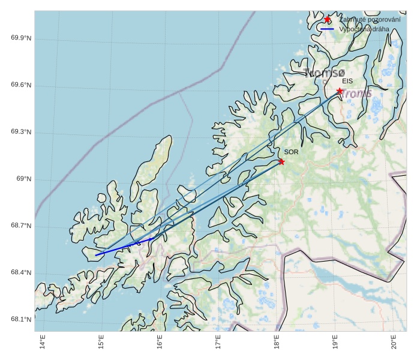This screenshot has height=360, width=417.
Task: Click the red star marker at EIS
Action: [340, 91]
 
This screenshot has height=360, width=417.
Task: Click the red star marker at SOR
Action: [281, 161]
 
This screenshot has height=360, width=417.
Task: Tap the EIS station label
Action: [347, 81]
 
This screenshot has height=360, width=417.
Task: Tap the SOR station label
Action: [291, 152]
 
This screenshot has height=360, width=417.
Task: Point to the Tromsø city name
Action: [324, 74]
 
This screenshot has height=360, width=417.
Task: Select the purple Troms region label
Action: [357, 94]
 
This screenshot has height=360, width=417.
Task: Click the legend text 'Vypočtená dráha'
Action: [364, 29]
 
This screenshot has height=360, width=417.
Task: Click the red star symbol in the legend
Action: [327, 20]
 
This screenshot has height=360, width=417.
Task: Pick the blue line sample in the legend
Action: [327, 29]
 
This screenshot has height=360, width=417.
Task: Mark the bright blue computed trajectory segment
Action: [124, 247]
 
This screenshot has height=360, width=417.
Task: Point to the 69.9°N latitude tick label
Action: [21, 38]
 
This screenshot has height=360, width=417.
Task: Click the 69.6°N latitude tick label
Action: [21, 85]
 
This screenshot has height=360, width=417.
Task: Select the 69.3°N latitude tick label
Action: [21, 132]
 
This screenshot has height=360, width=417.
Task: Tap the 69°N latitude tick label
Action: [23, 179]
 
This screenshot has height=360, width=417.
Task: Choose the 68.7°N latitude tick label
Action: [21, 226]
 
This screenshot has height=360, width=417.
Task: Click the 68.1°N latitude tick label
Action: [21, 319]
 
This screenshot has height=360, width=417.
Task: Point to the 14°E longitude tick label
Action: [43, 342]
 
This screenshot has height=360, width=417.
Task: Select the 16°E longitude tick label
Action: [160, 342]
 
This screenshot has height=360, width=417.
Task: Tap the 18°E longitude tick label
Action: [277, 342]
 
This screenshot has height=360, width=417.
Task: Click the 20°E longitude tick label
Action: [394, 342]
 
